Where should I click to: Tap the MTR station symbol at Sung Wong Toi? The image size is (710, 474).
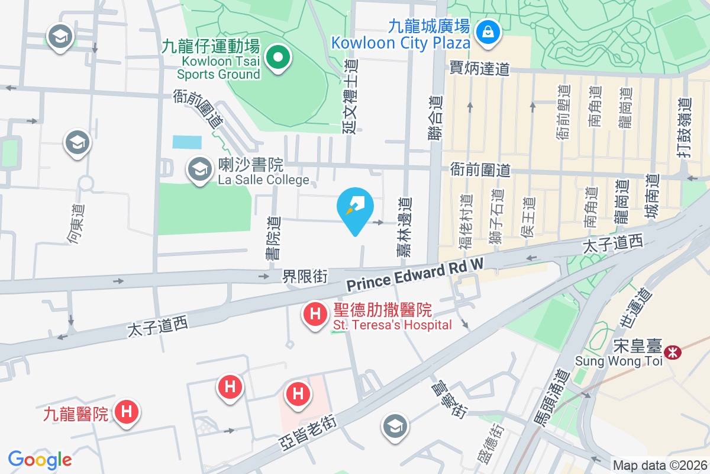coord(672,353)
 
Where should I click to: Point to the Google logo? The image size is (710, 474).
coord(40,460)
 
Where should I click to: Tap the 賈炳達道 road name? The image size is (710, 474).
coord(479,69)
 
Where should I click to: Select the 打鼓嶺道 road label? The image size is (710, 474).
coord(685,127)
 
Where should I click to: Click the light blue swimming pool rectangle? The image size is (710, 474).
coord(187,142)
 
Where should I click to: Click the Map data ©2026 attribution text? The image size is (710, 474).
coord(660,466)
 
